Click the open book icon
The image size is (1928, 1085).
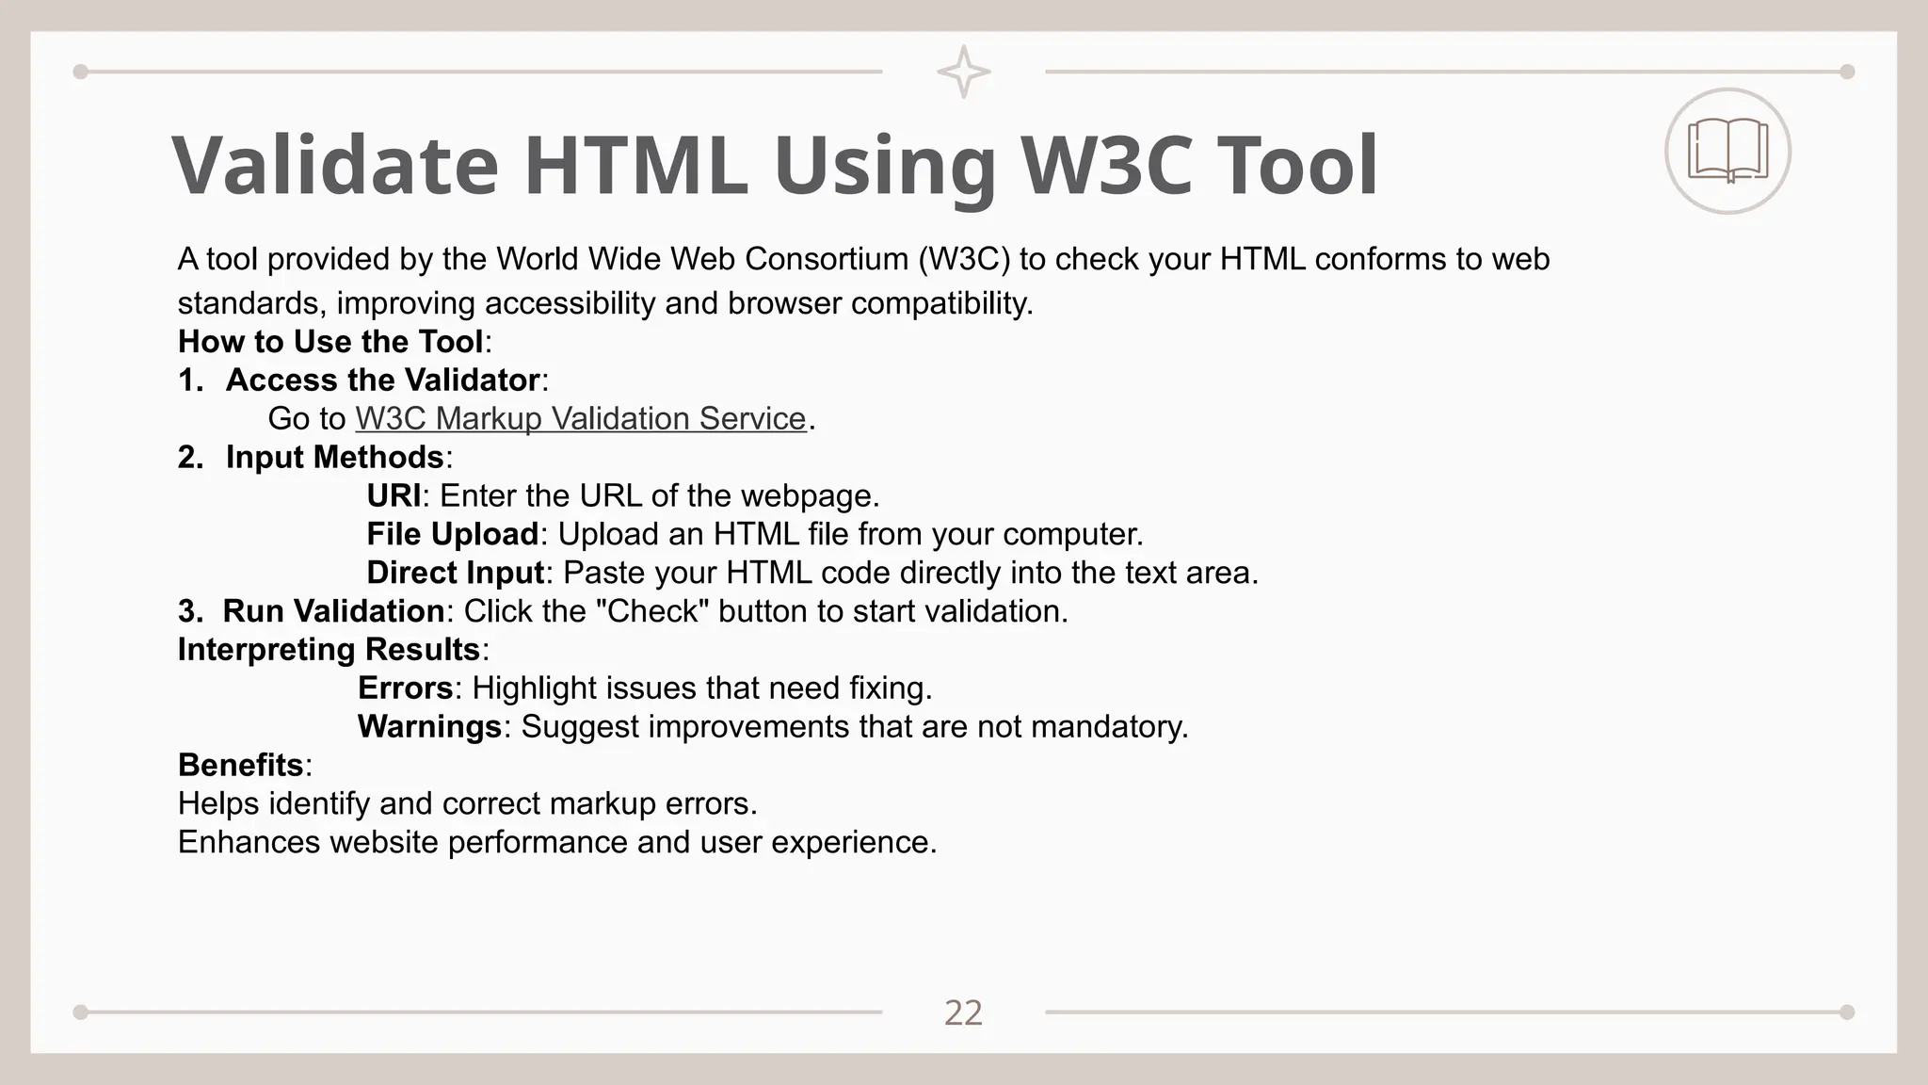pyautogui.click(x=1727, y=151)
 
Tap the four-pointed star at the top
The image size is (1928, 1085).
pyautogui.click(x=963, y=72)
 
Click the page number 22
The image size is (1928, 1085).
pyautogui.click(x=963, y=1013)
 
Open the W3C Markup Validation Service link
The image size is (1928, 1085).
pyautogui.click(x=580, y=418)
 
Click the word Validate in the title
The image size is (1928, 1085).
pyautogui.click(x=335, y=166)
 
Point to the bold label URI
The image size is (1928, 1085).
pyautogui.click(x=393, y=495)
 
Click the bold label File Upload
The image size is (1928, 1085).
pyautogui.click(x=452, y=534)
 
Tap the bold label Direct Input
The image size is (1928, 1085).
pyautogui.click(x=455, y=573)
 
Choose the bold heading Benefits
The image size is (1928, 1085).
pyautogui.click(x=241, y=765)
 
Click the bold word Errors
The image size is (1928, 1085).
pyautogui.click(x=405, y=688)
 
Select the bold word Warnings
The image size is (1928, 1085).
pyautogui.click(x=429, y=727)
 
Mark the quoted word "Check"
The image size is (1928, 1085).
pyautogui.click(x=653, y=611)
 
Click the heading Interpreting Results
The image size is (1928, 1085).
pyautogui.click(x=329, y=650)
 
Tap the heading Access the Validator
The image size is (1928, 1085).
pyautogui.click(x=382, y=380)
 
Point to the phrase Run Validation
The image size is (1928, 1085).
pyautogui.click(x=333, y=611)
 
